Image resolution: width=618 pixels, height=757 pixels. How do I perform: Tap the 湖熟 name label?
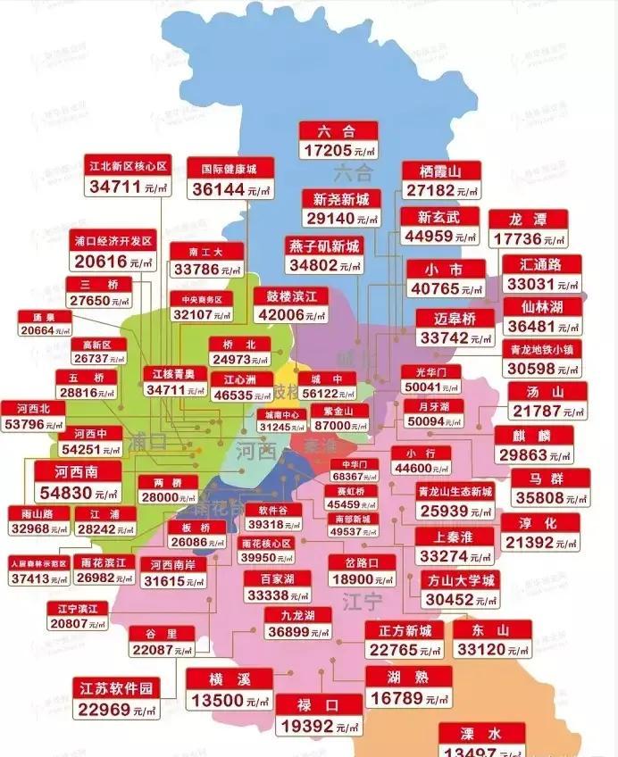(x=407, y=676)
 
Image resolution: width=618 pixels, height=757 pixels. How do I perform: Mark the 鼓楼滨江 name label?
(x=291, y=295)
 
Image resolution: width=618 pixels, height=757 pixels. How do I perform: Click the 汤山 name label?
(x=548, y=391)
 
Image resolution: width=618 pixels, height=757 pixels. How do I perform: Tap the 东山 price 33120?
(x=481, y=651)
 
